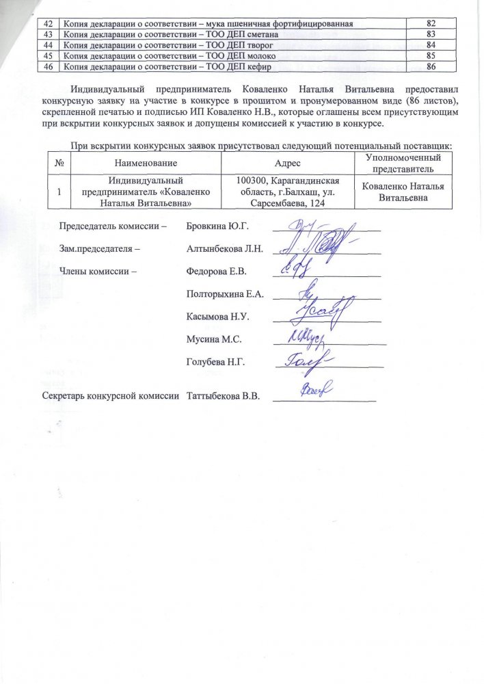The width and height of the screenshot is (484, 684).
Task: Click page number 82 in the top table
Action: coord(431,23)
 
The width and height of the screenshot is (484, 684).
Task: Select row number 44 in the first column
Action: coord(48,44)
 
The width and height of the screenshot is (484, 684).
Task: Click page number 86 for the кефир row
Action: coord(431,66)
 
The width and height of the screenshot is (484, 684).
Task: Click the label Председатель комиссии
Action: coord(113,226)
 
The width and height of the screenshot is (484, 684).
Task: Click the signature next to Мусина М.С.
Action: coord(308,339)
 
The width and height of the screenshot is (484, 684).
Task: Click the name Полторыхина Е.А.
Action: coord(225,295)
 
